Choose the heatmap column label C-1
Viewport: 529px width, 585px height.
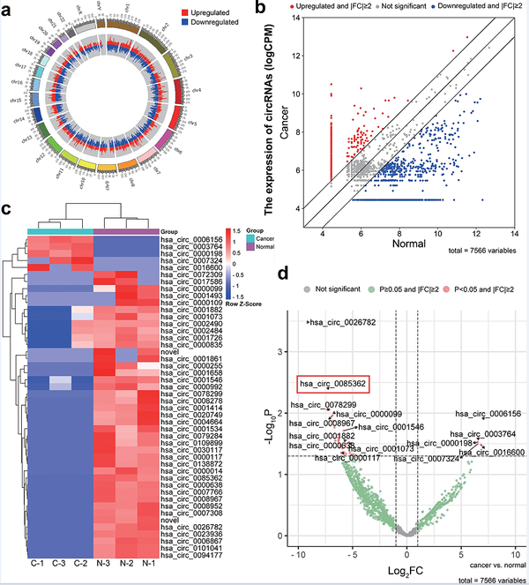[x=37, y=563]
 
